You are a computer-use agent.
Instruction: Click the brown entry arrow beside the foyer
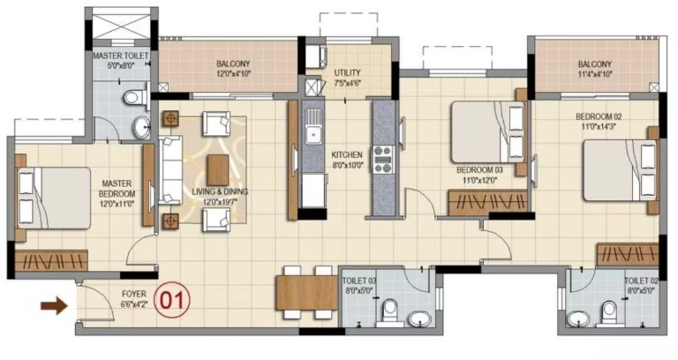click(55, 306)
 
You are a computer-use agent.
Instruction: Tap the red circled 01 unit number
click(171, 299)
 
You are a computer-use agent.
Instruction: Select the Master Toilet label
click(121, 56)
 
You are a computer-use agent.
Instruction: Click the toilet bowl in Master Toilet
click(135, 96)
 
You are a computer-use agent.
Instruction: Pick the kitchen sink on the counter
click(313, 127)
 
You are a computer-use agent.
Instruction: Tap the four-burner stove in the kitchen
click(383, 160)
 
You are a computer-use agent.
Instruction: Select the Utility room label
click(347, 72)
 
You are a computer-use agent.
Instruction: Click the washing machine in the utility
click(317, 56)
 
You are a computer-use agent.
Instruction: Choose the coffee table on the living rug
click(217, 169)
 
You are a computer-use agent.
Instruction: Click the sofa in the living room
click(169, 169)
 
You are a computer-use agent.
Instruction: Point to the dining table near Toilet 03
click(306, 293)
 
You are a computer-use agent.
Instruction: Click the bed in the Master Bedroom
click(54, 198)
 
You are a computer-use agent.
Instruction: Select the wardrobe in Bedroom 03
click(487, 202)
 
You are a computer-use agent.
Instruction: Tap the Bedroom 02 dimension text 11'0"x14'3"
click(599, 127)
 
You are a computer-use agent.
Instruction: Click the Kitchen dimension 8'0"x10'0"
click(347, 165)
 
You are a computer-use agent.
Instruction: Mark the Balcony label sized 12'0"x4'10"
click(233, 73)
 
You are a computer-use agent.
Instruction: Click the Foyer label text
click(134, 294)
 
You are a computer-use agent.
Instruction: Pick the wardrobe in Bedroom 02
click(628, 254)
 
